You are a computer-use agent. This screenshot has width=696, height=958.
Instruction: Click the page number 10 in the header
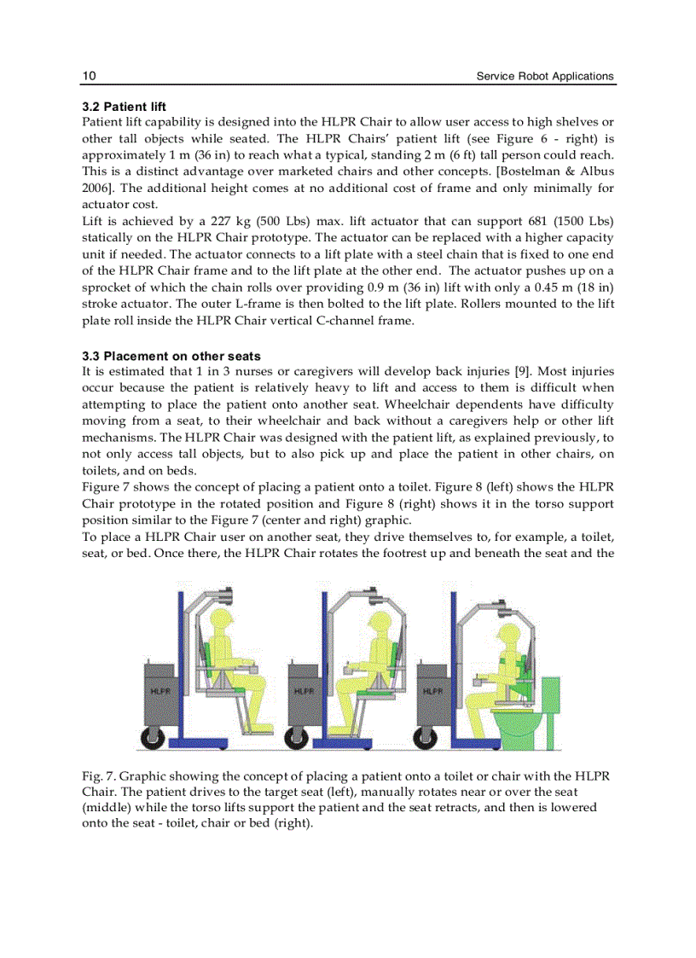click(x=89, y=76)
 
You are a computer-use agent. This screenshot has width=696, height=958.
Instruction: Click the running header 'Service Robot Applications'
click(x=544, y=76)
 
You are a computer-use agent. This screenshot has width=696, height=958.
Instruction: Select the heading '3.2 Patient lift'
click(x=124, y=107)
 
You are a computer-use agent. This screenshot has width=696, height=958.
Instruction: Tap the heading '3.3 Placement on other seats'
click(x=171, y=356)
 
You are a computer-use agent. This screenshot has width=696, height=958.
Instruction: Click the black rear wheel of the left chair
click(x=154, y=734)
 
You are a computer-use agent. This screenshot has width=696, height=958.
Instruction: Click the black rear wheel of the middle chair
click(x=300, y=734)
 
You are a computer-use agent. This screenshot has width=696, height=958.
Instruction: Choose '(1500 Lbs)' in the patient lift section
click(x=583, y=222)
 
